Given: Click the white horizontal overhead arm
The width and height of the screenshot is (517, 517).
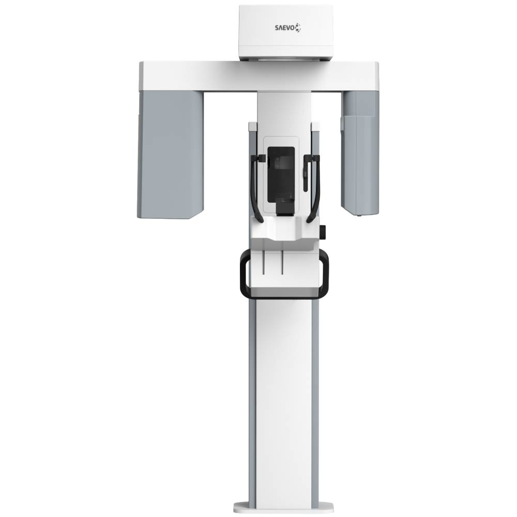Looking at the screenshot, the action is click(x=259, y=75).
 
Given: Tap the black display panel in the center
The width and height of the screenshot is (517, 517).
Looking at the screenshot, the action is click(x=281, y=175).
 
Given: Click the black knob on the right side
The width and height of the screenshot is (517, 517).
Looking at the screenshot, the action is click(x=323, y=232).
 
